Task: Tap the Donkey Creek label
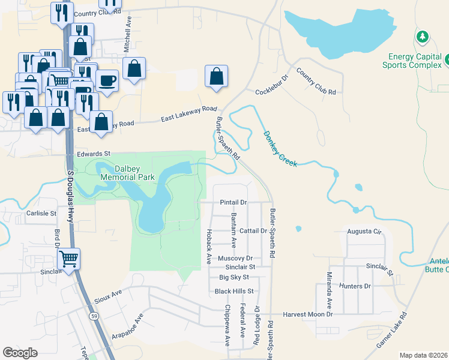click(x=280, y=149)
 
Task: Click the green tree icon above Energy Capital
click(x=423, y=37)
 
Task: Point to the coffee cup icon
click(x=107, y=80)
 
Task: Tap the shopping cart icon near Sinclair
click(x=69, y=259)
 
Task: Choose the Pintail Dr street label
click(x=234, y=203)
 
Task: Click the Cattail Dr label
click(x=253, y=230)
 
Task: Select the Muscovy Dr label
click(x=235, y=258)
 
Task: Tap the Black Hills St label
click(x=235, y=291)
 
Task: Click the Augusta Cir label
click(x=364, y=231)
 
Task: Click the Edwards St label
click(x=94, y=154)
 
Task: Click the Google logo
click(x=20, y=353)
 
